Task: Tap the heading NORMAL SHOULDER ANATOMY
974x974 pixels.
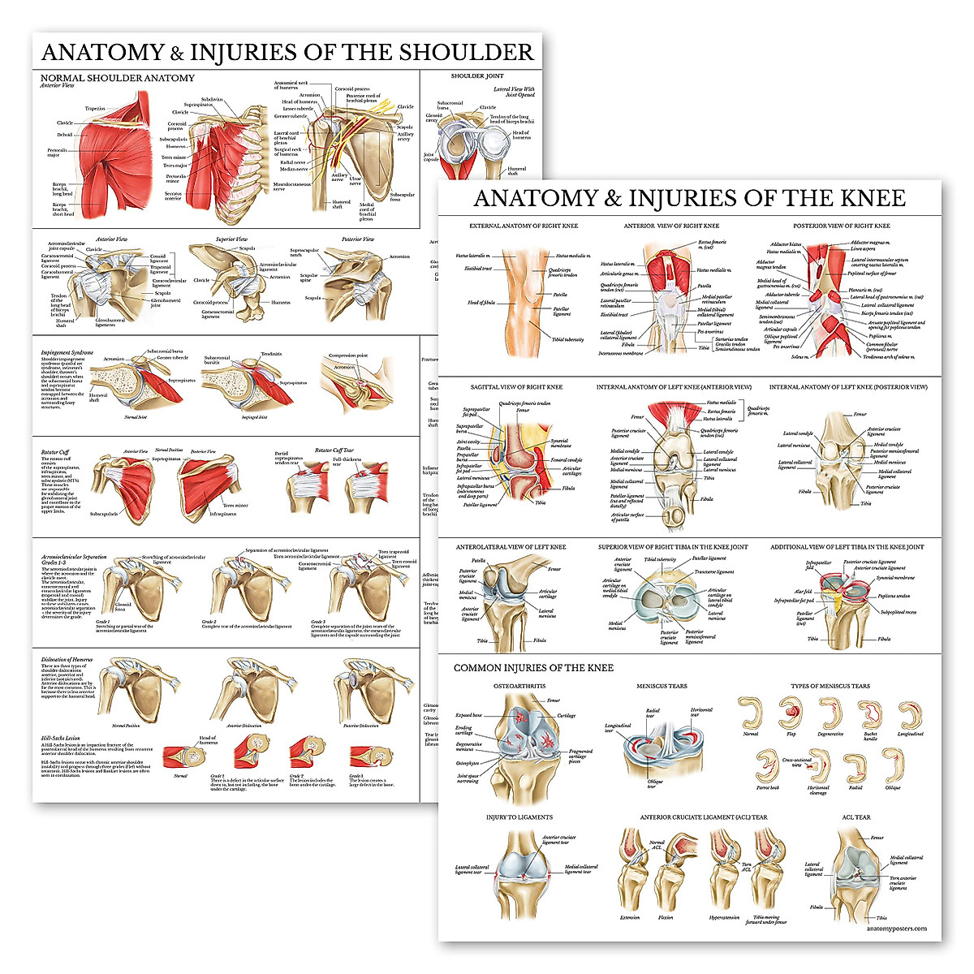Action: coord(118,78)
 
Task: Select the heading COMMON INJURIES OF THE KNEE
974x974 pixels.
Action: coord(533,668)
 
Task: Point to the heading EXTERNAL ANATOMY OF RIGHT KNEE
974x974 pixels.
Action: coord(524,226)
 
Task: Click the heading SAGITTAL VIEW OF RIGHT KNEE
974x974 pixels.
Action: coord(516,387)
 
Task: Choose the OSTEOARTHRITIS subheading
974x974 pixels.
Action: coord(519,687)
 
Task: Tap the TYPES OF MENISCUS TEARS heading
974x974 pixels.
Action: coord(830,687)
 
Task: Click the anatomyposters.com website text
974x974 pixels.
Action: coord(896,929)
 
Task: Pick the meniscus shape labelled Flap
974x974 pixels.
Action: coord(790,713)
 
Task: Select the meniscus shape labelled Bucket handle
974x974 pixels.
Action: coord(870,714)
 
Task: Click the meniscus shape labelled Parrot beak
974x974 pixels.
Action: coord(767,766)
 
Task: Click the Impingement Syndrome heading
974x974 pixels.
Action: coord(67,353)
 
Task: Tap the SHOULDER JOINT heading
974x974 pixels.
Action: coord(477,76)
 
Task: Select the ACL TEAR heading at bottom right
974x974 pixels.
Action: coord(855,817)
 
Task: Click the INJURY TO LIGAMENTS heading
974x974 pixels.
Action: coord(519,817)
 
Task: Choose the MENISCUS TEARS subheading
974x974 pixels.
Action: coord(662,687)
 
